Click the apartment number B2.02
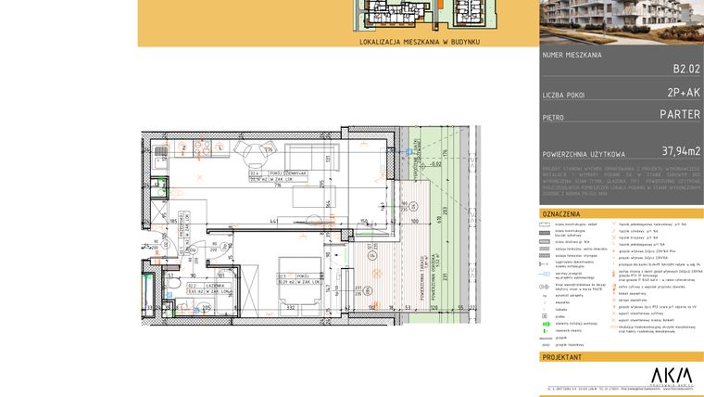(x=686, y=68)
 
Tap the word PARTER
(x=679, y=116)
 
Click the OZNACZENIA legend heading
(x=560, y=213)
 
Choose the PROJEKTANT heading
(x=561, y=355)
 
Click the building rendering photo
(x=621, y=23)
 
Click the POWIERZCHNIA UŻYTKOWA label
(x=584, y=153)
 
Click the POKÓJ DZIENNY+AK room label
(x=266, y=173)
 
